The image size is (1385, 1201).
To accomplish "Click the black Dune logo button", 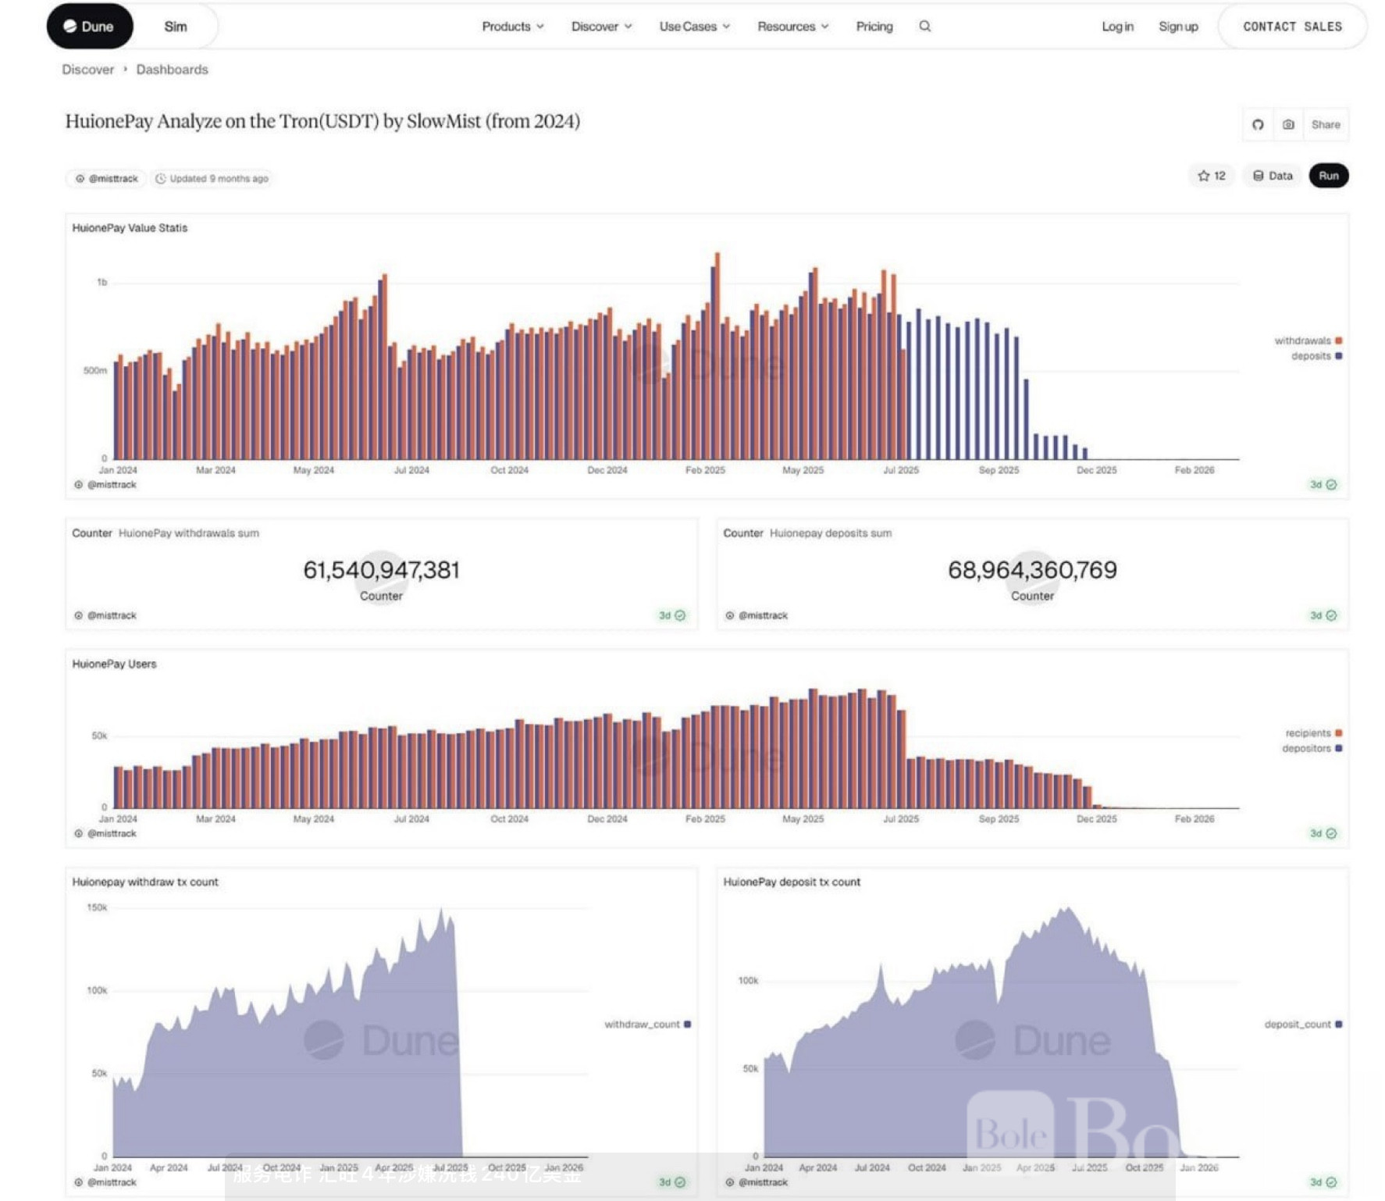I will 90,27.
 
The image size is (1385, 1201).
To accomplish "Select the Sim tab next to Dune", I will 175,27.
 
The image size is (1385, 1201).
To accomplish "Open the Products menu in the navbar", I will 512,27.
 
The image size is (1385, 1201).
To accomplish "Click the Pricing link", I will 874,27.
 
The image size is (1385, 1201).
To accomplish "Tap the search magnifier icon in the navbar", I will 924,27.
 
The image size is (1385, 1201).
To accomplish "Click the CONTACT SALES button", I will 1292,27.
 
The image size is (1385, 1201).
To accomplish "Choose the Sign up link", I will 1177,27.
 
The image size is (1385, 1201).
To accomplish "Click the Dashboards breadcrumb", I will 172,69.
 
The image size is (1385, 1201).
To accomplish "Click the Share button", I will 1325,125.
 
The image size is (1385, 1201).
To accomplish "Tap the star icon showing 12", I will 1211,176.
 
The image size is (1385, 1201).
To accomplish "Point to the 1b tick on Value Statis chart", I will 101,282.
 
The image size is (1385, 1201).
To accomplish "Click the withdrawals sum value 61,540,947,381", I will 381,570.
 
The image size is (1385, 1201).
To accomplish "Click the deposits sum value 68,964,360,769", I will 1031,570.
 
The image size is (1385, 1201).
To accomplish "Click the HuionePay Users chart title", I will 114,664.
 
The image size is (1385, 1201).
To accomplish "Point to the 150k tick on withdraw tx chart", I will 97,907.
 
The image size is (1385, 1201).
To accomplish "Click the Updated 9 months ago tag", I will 212,179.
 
